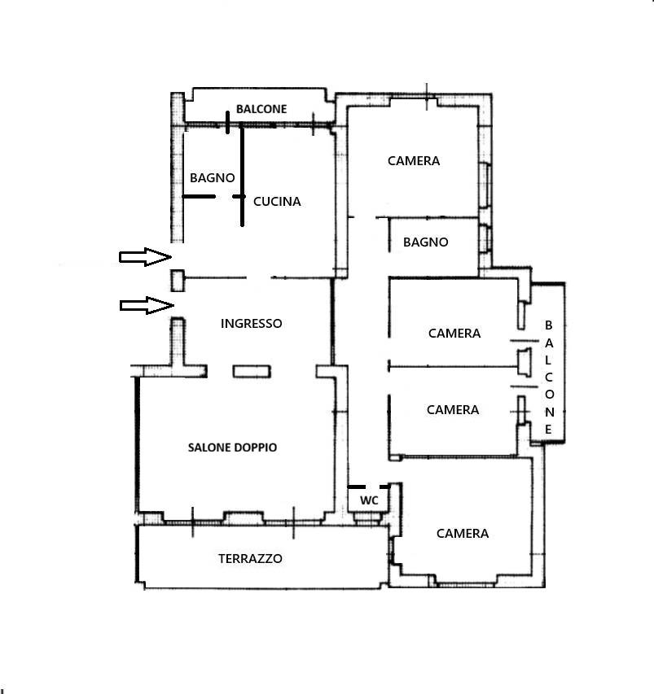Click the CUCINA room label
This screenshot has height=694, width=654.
(277, 202)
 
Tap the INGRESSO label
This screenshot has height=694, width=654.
(251, 324)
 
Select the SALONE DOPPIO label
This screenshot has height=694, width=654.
(233, 447)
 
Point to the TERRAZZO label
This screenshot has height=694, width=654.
(250, 559)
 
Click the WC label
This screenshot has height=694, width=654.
(369, 500)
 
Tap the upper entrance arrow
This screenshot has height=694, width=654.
(145, 257)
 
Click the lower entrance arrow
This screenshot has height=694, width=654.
(147, 305)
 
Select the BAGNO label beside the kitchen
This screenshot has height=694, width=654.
(213, 178)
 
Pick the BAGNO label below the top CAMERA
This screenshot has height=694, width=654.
(426, 242)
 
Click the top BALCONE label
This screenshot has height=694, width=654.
(261, 109)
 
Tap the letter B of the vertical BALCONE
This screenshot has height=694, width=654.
(549, 325)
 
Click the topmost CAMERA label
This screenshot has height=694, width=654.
(414, 160)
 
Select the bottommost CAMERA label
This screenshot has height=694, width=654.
(463, 534)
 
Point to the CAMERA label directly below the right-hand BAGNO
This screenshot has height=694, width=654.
(454, 334)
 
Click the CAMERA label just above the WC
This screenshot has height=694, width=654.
(453, 410)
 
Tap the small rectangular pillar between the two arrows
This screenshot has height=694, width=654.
(178, 281)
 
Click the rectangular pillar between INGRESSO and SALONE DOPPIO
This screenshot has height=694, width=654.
(252, 371)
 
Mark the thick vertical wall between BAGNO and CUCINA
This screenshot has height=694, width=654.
(242, 177)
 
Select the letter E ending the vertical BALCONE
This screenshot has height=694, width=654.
(549, 430)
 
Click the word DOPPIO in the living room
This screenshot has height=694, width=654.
(255, 447)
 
